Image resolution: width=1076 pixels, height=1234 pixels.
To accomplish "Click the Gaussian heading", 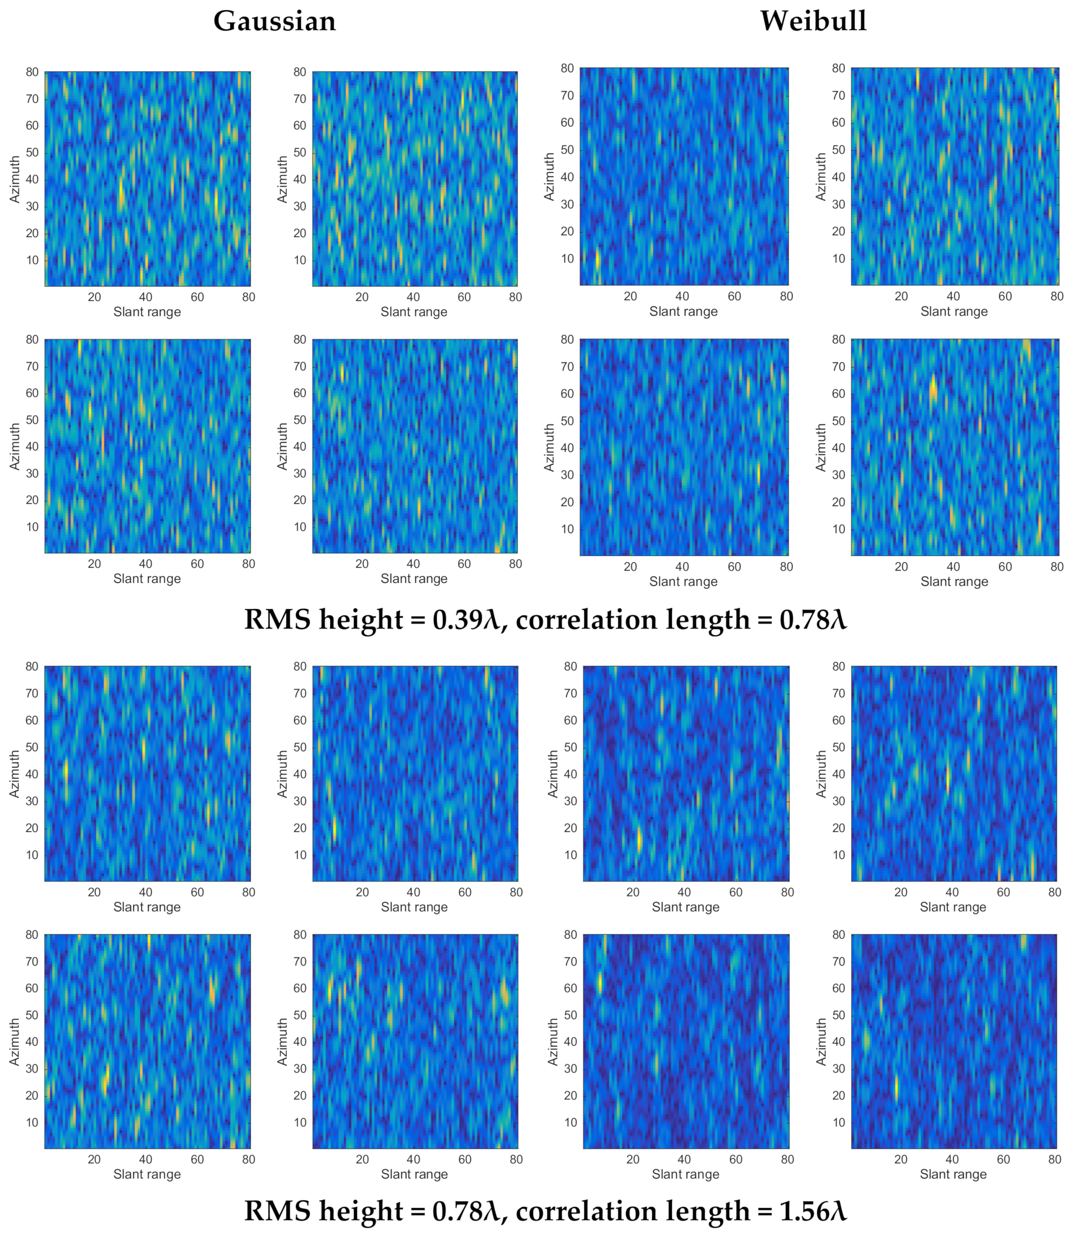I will point(274,22).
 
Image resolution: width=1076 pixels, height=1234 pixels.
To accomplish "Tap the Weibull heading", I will point(813,22).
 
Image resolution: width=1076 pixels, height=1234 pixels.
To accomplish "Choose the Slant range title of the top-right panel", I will point(954,312).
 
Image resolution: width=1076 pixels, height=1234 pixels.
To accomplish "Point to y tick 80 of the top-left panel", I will point(32,72).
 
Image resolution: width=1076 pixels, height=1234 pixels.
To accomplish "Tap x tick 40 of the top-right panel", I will point(953,297).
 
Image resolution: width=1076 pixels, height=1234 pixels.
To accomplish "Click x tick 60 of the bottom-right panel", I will point(1003,1160).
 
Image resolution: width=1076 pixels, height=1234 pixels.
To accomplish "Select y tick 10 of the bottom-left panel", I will point(32,1122).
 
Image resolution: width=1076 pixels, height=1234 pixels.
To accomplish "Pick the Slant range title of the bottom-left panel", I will point(147,1175).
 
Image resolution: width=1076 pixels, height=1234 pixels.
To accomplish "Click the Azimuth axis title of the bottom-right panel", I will point(821,1042).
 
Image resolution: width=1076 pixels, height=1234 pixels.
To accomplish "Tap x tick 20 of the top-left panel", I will point(94,297).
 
